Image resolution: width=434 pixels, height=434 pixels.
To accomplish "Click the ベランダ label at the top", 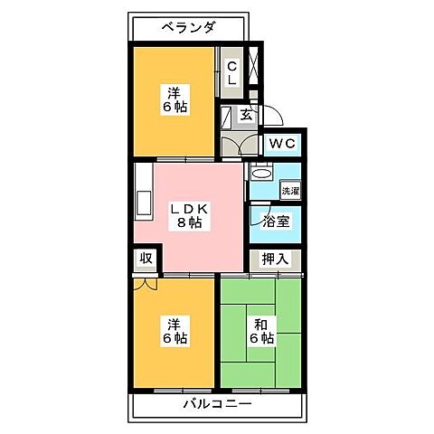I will [x=190, y=27].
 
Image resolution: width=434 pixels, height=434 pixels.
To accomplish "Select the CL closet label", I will [x=231, y=72].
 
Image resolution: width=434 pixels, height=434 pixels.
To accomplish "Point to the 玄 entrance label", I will [x=246, y=114].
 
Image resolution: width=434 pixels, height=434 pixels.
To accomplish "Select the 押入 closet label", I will [x=275, y=259].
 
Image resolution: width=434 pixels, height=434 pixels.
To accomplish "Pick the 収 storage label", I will [x=146, y=259].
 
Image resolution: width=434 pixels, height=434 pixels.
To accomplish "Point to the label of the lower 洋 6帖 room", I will [x=174, y=330].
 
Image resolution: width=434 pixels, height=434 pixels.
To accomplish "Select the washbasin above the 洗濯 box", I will [x=261, y=173].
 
